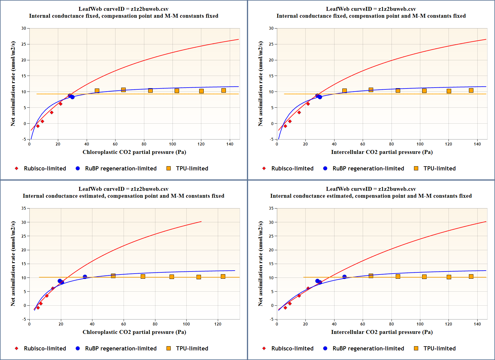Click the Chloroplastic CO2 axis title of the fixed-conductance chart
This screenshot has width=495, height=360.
click(x=134, y=152)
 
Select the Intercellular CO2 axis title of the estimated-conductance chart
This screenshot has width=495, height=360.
click(x=382, y=332)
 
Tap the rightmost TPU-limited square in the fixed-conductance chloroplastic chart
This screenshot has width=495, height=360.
click(x=223, y=90)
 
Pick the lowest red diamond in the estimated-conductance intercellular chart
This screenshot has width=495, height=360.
click(x=285, y=308)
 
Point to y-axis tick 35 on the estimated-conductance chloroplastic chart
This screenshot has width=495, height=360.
click(x=24, y=208)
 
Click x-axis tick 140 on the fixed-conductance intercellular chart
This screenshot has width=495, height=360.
click(x=477, y=144)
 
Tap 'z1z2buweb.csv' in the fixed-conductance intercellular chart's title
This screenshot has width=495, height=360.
click(x=397, y=9)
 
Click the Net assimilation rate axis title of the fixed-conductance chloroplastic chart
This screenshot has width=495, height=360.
click(x=13, y=84)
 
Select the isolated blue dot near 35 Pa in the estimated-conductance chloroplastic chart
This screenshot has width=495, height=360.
click(x=85, y=277)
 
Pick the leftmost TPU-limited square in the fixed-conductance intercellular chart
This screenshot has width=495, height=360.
click(x=344, y=91)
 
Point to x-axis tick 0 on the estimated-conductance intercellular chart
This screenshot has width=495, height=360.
click(x=277, y=324)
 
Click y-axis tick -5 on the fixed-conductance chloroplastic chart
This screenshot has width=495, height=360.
click(x=24, y=139)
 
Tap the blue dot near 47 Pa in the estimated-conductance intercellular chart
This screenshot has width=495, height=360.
click(x=344, y=277)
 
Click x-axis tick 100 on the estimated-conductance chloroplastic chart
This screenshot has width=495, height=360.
click(x=186, y=324)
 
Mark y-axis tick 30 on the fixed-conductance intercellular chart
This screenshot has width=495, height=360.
click(x=271, y=28)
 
